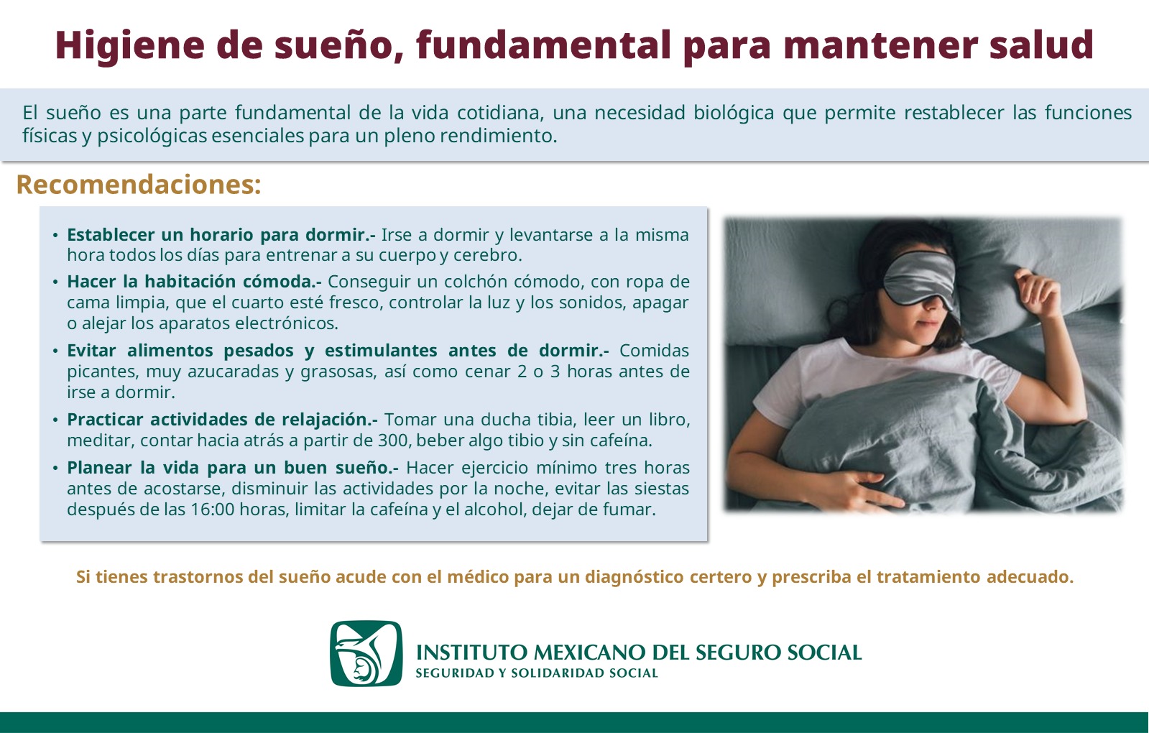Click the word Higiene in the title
(x=130, y=46)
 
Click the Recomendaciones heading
(x=139, y=185)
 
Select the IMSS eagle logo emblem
(x=366, y=653)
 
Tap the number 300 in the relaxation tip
(x=392, y=441)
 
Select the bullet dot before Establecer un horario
(x=55, y=236)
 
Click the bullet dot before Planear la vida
(x=55, y=469)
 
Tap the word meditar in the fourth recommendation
(x=101, y=441)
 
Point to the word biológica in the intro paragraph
(x=734, y=114)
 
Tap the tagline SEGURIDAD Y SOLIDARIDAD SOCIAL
(x=537, y=673)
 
